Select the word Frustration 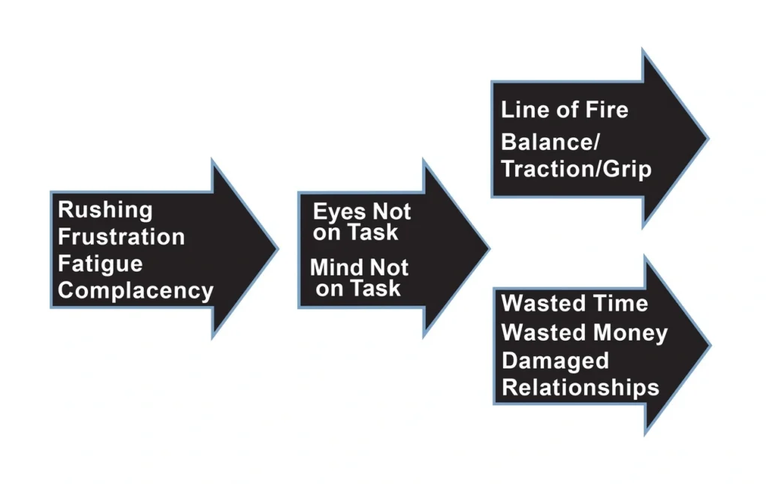click(x=121, y=237)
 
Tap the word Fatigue click(x=100, y=264)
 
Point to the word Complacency click(x=135, y=291)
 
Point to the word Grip click(x=630, y=169)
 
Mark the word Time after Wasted click(x=618, y=304)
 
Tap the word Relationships click(x=580, y=388)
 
